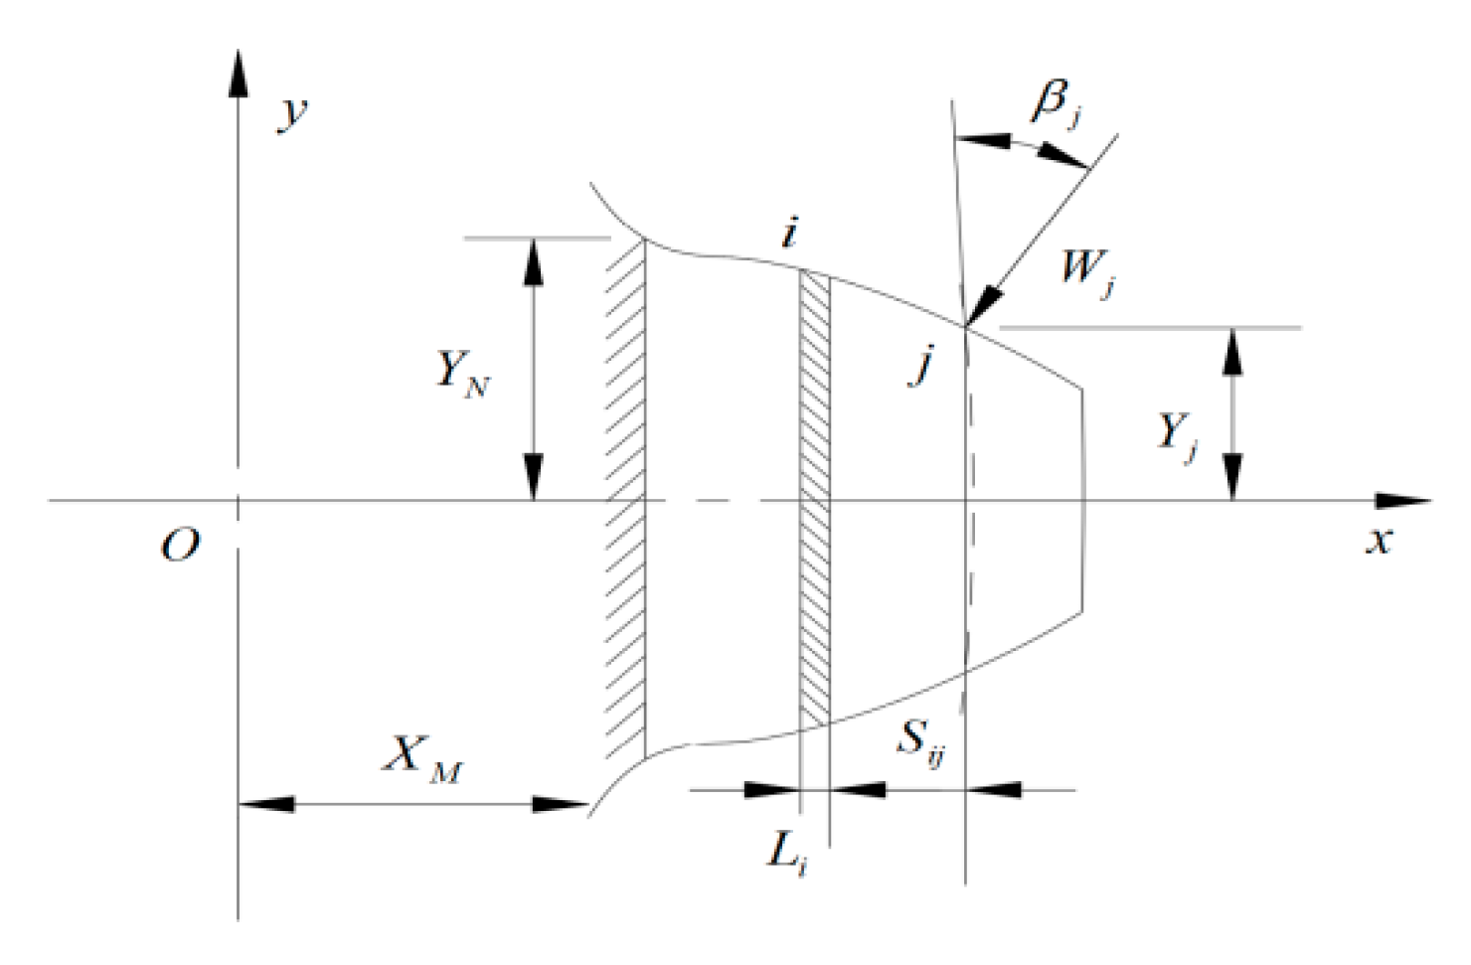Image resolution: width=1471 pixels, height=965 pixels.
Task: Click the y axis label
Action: pos(293,112)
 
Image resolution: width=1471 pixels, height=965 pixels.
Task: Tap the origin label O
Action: pos(181,545)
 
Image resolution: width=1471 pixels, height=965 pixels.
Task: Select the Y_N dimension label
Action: pos(463,374)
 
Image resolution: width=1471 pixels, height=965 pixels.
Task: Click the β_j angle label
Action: pos(1057,102)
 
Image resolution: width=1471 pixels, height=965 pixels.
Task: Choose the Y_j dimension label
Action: pos(1178,434)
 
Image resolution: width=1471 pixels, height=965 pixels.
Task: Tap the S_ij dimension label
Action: pos(920,741)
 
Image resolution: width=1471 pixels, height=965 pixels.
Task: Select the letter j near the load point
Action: pos(923,366)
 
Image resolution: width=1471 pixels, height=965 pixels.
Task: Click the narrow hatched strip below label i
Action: pos(815,497)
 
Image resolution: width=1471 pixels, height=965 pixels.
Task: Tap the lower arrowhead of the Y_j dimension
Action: pos(1233,478)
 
